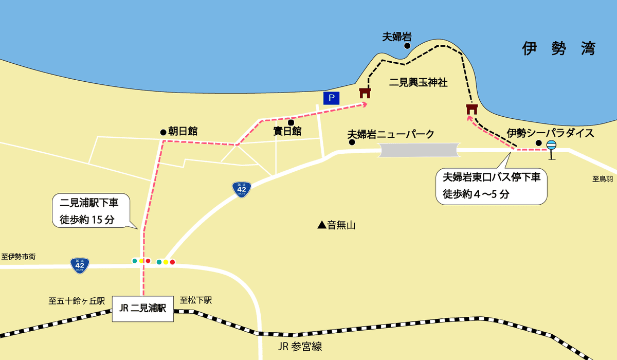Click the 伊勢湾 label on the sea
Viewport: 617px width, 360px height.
pos(558,49)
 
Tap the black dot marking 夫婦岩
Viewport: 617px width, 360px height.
pos(407,46)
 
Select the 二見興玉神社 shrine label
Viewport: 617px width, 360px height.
pos(419,82)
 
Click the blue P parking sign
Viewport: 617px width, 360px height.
pos(332,97)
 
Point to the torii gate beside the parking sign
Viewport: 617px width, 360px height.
pos(365,93)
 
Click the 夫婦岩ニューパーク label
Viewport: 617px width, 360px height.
pos(391,134)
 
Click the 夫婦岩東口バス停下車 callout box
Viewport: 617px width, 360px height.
pos(491,186)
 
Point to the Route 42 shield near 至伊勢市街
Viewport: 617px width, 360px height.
pos(80,265)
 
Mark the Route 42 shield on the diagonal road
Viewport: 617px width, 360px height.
pos(241,189)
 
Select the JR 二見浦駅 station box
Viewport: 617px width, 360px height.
pos(143,309)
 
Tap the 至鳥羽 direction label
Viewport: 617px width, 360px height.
pos(602,179)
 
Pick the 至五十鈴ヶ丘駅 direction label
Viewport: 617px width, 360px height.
pos(77,301)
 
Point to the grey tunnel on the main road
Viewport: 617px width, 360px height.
pos(419,150)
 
